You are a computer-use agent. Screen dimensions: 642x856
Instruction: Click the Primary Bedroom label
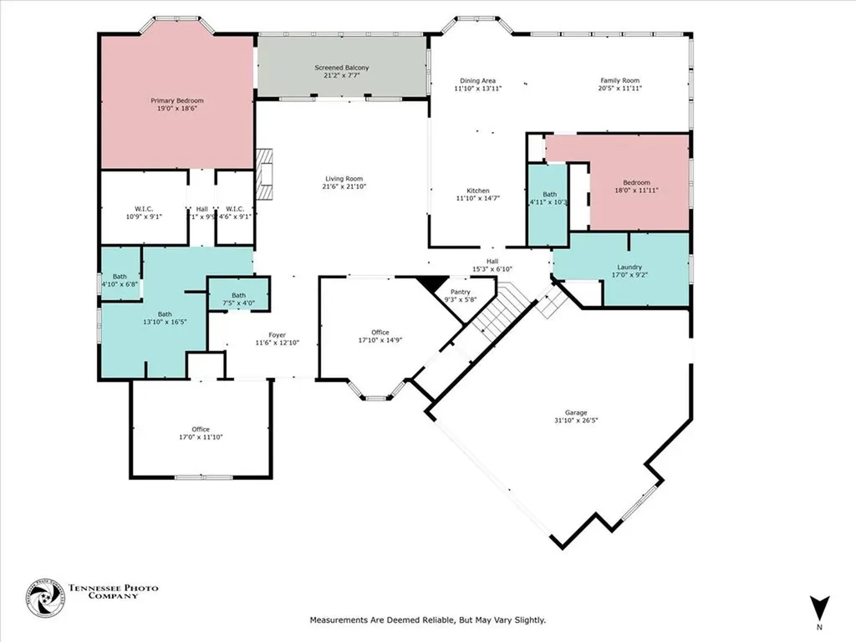[x=176, y=100]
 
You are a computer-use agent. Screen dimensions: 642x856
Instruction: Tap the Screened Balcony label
[x=341, y=68]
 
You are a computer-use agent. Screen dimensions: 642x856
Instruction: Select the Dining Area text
[x=477, y=80]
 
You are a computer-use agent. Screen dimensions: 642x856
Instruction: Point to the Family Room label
[x=619, y=80]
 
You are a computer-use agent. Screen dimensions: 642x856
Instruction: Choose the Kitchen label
[x=477, y=191]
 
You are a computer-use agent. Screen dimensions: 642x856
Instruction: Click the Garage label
[x=575, y=412]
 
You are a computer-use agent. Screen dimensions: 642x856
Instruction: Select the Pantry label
[x=461, y=291]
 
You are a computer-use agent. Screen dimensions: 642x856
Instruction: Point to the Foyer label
[x=277, y=334]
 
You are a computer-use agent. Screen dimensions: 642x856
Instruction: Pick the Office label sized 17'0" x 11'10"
[x=200, y=429]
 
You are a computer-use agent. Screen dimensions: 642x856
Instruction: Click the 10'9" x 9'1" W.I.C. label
[x=143, y=209]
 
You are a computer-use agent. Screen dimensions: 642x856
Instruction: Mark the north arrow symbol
[x=819, y=607]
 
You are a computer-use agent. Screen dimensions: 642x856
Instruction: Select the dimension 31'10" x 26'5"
[x=575, y=420]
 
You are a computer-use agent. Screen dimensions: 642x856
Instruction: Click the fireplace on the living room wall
[x=266, y=175]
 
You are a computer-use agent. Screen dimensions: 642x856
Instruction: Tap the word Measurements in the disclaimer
[x=338, y=620]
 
